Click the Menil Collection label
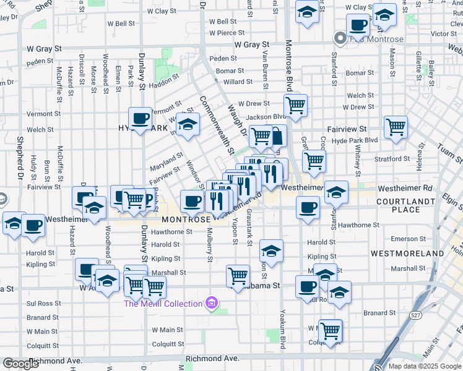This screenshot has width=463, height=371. [x=163, y=304]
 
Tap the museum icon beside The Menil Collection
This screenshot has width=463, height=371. [x=212, y=303]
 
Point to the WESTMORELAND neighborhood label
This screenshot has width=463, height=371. [x=407, y=254]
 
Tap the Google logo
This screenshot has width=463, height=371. [x=22, y=364]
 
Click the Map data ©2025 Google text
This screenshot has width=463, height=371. [x=425, y=366]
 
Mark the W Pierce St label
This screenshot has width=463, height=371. [x=227, y=33]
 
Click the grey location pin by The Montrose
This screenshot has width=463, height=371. [x=340, y=38]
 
